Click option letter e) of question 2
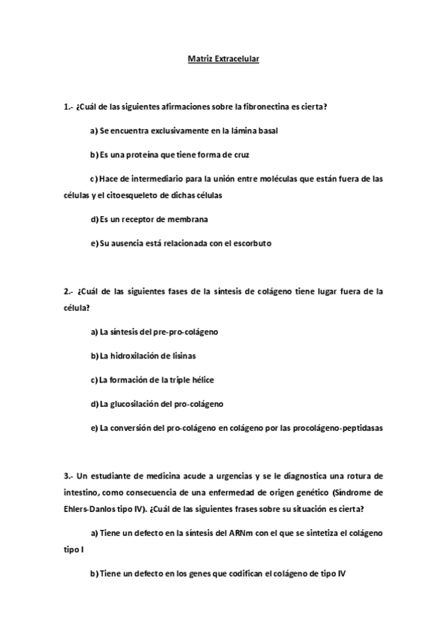94,428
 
